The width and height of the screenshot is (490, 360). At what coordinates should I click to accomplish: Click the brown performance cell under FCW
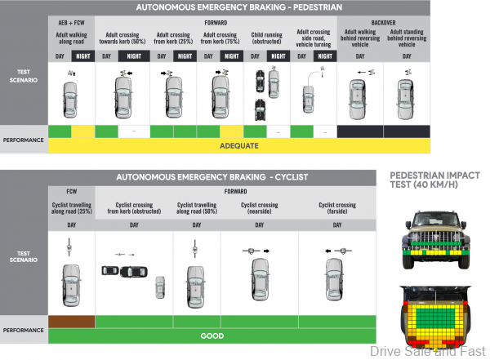[72, 321]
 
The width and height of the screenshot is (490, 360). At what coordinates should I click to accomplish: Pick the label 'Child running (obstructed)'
[267, 41]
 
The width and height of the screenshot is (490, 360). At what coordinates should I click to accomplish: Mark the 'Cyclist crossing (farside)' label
[336, 210]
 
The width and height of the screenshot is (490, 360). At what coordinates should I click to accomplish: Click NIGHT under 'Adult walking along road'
[83, 56]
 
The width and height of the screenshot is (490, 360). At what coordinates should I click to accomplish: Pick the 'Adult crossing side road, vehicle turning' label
[314, 41]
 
